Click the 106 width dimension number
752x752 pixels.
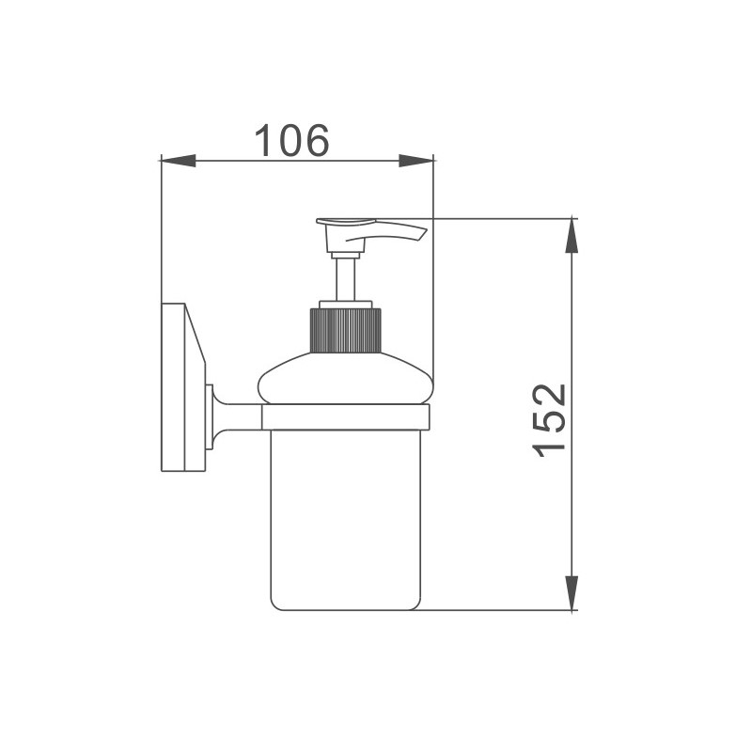[x=291, y=140]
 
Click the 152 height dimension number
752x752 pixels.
[x=550, y=420]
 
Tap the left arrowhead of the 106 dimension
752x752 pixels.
[x=179, y=161]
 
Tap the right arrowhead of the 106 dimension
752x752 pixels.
[x=415, y=161]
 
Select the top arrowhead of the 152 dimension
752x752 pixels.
[x=572, y=236]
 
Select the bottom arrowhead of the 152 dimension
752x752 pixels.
[x=572, y=593]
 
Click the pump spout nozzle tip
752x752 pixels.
[x=425, y=234]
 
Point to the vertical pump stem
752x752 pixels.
[x=345, y=279]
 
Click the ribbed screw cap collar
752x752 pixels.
[x=346, y=331]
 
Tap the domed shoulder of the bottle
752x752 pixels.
[x=345, y=379]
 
